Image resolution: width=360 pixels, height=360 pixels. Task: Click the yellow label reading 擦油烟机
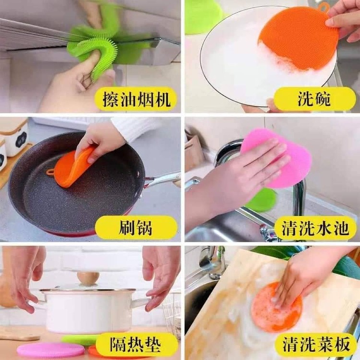136,99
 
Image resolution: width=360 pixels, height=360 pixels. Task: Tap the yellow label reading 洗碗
314,99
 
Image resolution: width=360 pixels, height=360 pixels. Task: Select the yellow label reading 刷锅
136,228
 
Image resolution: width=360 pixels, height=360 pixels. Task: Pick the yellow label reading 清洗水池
315,228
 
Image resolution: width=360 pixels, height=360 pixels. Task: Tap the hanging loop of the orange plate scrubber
324,7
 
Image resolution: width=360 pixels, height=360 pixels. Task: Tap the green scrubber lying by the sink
262,200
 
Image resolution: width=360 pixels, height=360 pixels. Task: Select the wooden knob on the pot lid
88,278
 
